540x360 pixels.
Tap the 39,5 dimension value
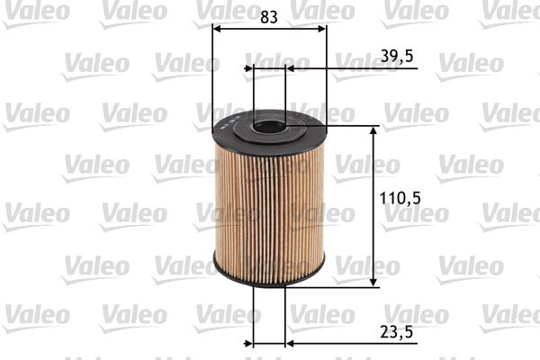click(396, 56)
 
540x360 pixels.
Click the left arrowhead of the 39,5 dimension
click(249, 67)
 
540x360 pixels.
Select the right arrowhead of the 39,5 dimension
click(290, 67)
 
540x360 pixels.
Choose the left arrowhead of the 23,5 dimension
click(249, 343)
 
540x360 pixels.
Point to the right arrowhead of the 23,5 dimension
click(290, 343)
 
